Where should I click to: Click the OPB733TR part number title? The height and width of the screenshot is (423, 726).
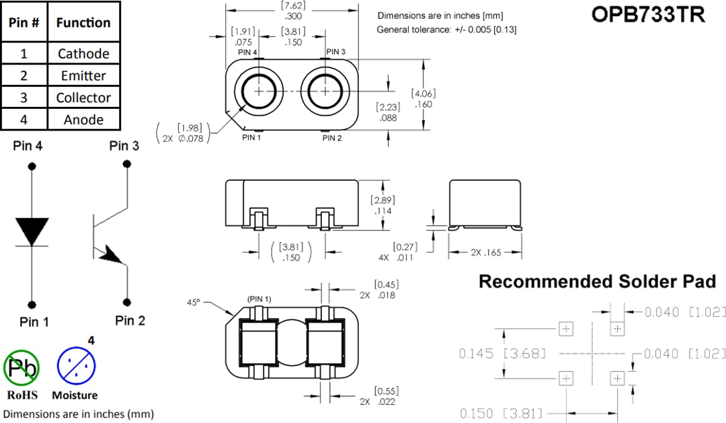pyautogui.click(x=648, y=15)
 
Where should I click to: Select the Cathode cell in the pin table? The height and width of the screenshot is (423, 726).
pyautogui.click(x=83, y=54)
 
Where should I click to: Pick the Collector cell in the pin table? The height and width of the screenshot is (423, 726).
pyautogui.click(x=83, y=98)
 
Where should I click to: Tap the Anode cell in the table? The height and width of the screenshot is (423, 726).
pyautogui.click(x=83, y=120)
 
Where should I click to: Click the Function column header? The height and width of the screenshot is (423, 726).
pyautogui.click(x=83, y=22)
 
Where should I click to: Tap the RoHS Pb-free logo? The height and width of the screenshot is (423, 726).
pyautogui.click(x=22, y=367)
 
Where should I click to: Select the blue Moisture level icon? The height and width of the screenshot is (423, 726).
pyautogui.click(x=75, y=367)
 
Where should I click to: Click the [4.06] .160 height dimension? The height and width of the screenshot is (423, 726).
pyautogui.click(x=424, y=99)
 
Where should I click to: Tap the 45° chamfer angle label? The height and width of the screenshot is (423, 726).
pyautogui.click(x=194, y=303)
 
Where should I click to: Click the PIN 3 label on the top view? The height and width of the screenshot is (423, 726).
pyautogui.click(x=336, y=52)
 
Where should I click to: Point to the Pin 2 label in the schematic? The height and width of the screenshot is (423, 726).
pyautogui.click(x=130, y=321)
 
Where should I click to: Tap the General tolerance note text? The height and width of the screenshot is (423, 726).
pyautogui.click(x=446, y=30)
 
